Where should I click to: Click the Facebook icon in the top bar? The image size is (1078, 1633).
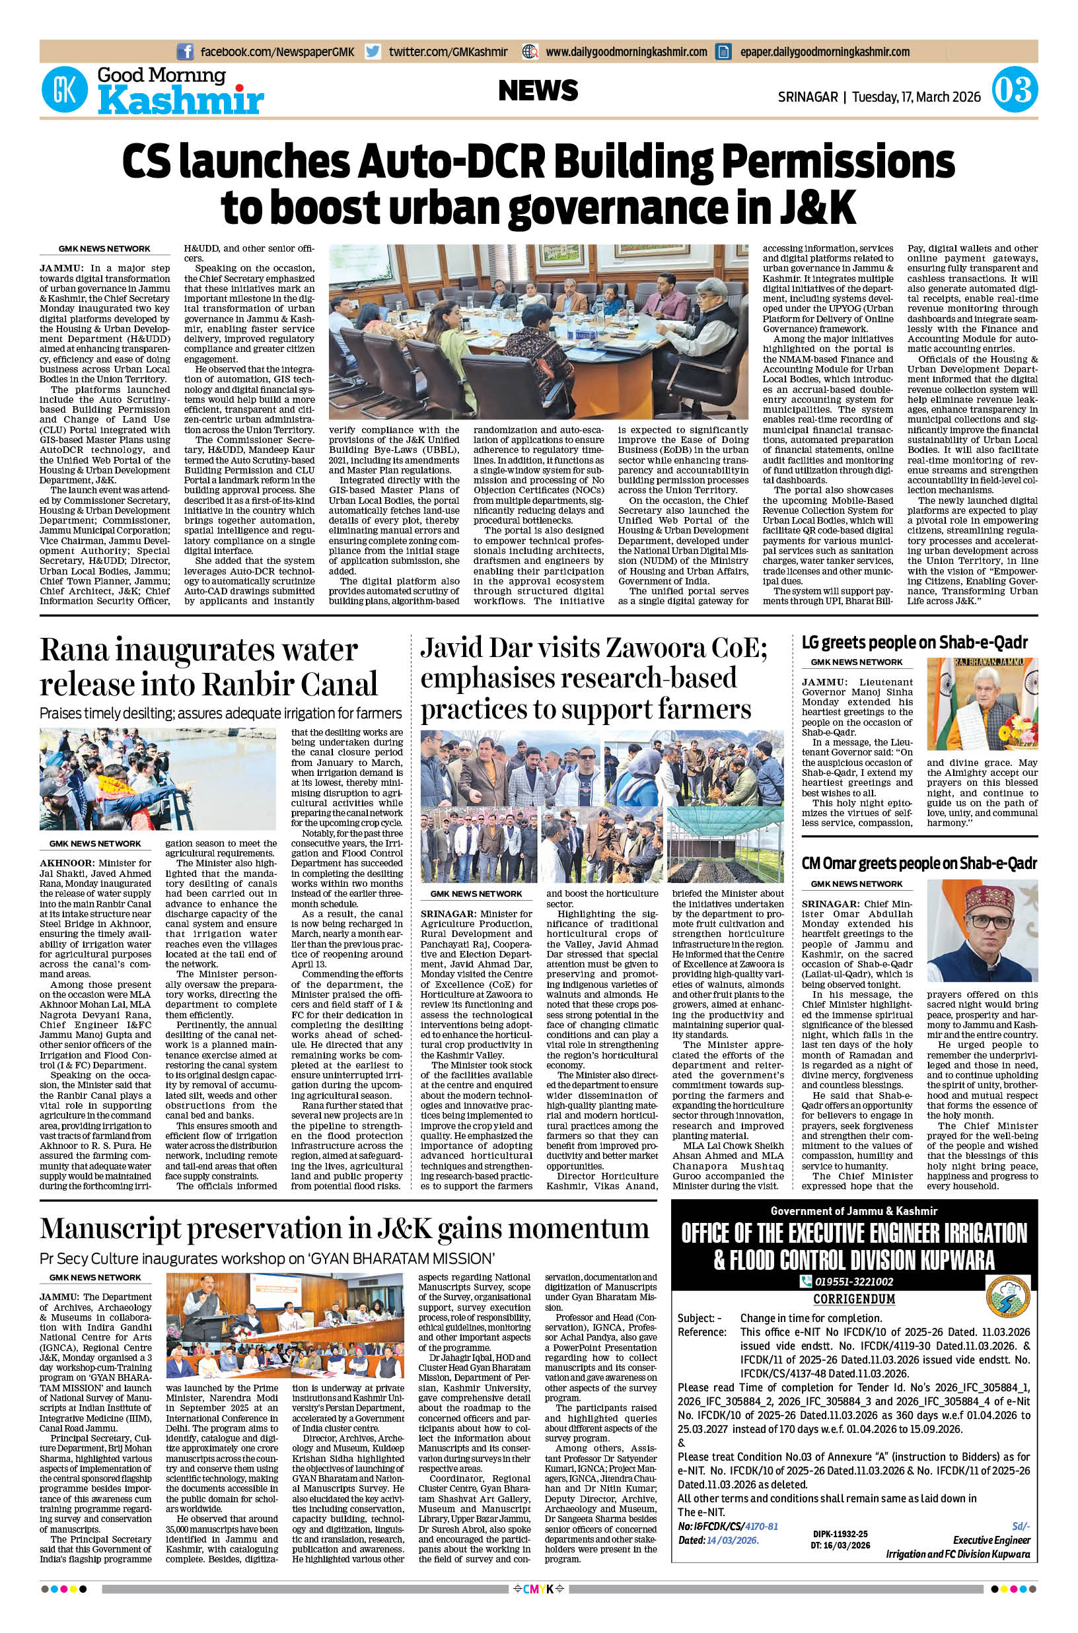(185, 52)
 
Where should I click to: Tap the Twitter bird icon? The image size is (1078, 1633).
(373, 52)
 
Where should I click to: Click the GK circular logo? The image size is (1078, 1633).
(65, 90)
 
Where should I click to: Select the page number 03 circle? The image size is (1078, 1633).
(1014, 90)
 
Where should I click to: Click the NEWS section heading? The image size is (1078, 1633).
(538, 90)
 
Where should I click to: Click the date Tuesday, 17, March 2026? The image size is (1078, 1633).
(916, 97)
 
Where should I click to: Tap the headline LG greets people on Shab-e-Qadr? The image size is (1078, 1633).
(914, 642)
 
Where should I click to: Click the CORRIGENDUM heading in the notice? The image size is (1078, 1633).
(854, 1298)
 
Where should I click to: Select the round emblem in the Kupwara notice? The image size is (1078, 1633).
(1007, 1298)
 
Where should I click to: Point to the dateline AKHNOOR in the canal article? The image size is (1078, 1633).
(67, 862)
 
